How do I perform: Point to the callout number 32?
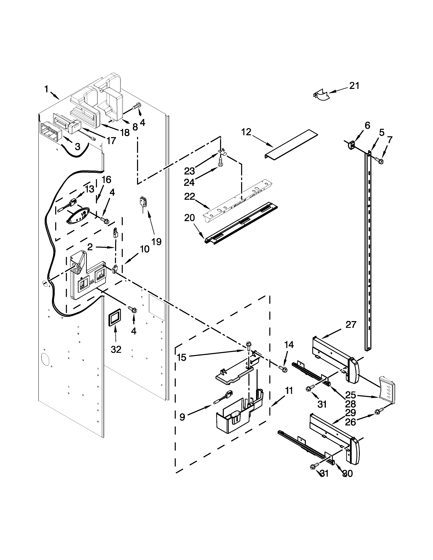click(x=116, y=349)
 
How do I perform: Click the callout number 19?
click(x=156, y=241)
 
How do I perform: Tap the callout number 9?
click(x=182, y=417)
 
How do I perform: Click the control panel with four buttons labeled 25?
click(x=387, y=391)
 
